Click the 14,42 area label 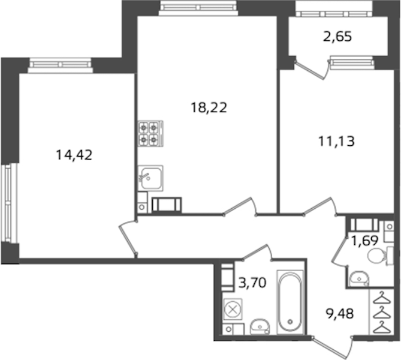[74, 155]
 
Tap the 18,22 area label [209, 107]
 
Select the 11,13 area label [336, 141]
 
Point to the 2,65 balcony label [337, 37]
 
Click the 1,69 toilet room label [364, 241]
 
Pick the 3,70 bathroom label [252, 283]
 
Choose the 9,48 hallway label [340, 313]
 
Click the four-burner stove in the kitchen [150, 133]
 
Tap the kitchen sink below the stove [150, 178]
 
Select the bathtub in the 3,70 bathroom [290, 302]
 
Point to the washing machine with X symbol [233, 310]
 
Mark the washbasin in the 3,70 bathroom [260, 327]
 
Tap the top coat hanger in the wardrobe [382, 297]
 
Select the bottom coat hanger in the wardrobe [382, 327]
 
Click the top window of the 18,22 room [198, 8]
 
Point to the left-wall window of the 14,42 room [9, 203]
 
